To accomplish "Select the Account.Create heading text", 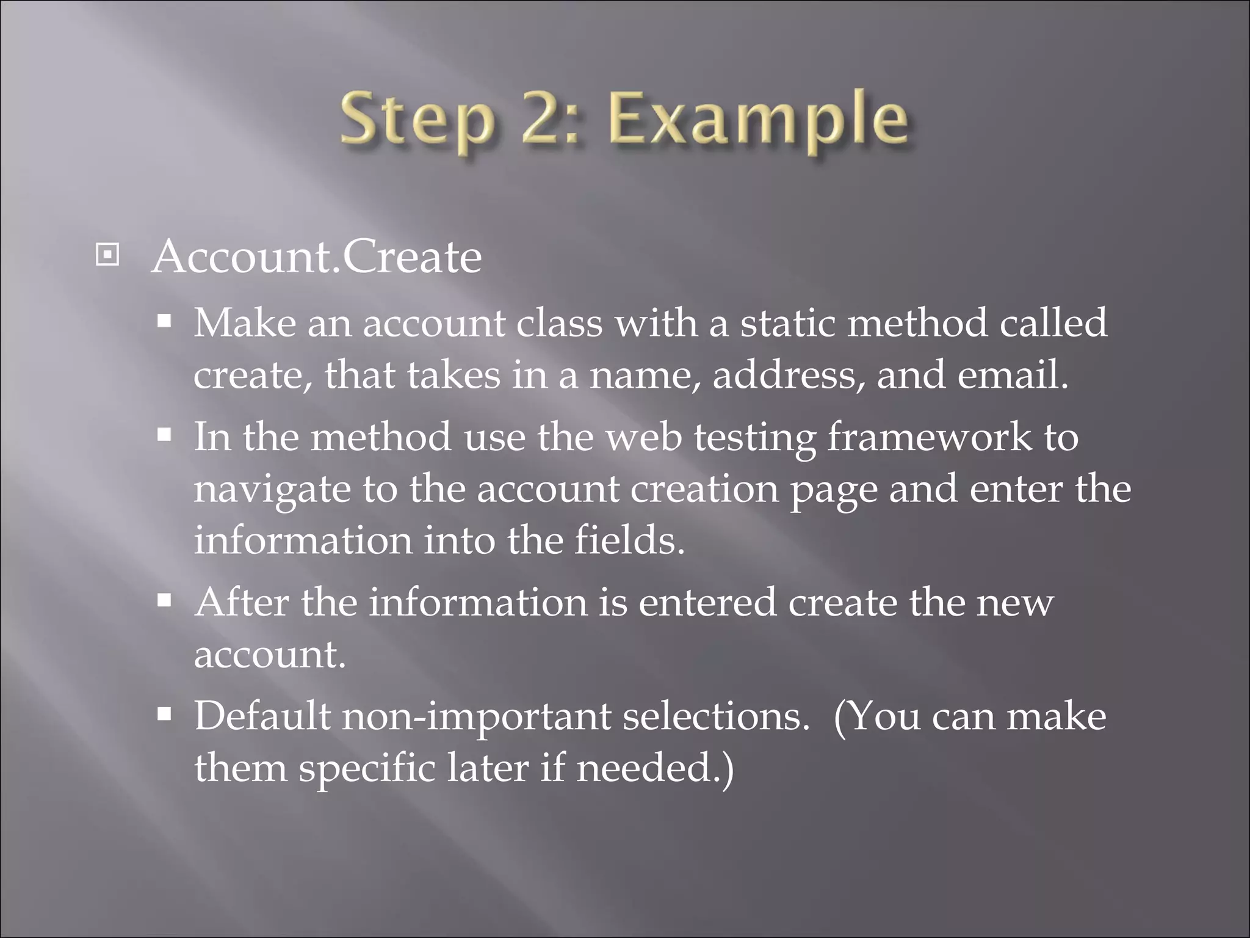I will tap(317, 257).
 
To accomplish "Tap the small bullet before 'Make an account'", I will tap(164, 321).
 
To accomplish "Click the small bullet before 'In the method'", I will tap(164, 435).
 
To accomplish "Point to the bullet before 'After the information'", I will tap(164, 601).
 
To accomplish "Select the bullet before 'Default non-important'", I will tap(164, 714).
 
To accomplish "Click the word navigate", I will tap(272, 490).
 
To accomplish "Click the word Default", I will tap(262, 716).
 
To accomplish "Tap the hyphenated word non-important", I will tap(476, 716).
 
